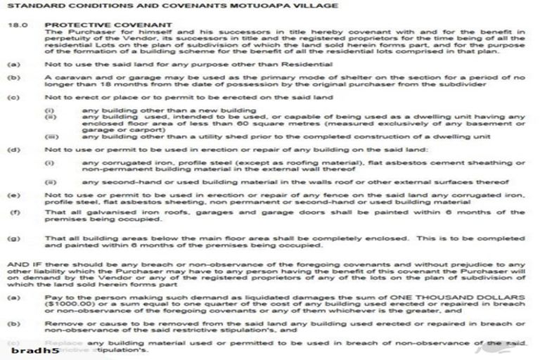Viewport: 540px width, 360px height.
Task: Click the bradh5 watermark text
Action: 31,349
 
